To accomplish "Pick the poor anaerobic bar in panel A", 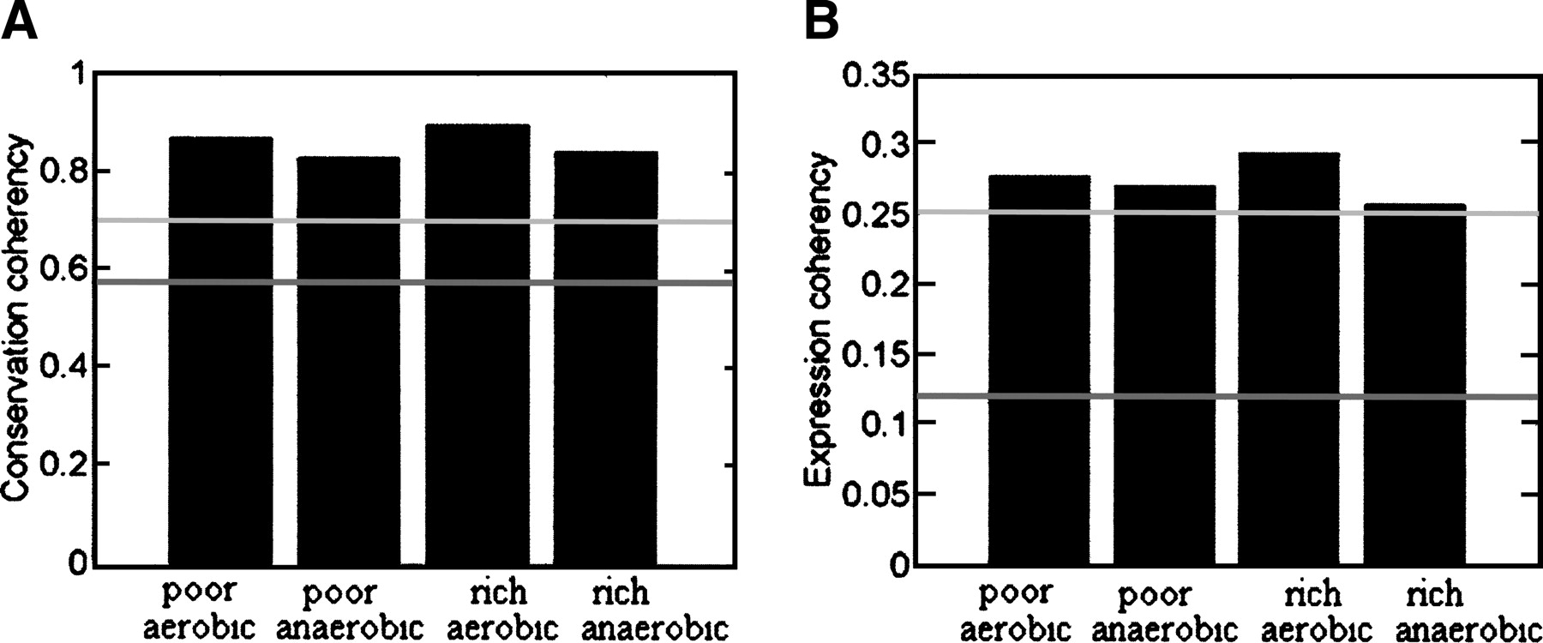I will coord(348,360).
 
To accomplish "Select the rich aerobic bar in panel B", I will coord(1288,359).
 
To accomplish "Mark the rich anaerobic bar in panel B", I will coord(1414,385).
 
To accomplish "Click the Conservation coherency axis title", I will coord(19,317).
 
